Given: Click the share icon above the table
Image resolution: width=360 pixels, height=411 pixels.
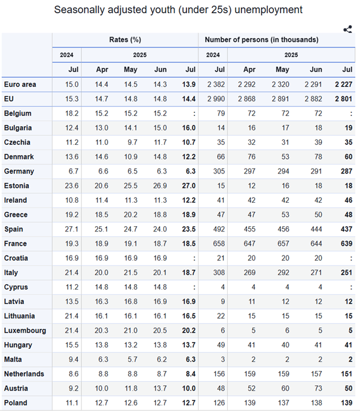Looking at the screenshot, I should pyautogui.click(x=347, y=29).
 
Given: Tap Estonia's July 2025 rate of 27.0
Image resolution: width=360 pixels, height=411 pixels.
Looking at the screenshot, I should pyautogui.click(x=188, y=185).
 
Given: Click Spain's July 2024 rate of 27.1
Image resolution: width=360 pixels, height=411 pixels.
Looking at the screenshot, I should pyautogui.click(x=72, y=229).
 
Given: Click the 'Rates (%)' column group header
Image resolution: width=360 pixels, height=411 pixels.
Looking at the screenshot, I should pyautogui.click(x=125, y=40).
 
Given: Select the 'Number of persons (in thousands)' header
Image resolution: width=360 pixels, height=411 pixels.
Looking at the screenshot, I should pyautogui.click(x=261, y=40).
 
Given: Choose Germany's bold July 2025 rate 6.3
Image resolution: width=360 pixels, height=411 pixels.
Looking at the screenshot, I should pyautogui.click(x=190, y=171).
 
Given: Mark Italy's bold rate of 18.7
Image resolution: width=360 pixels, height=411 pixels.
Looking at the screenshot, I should pyautogui.click(x=188, y=273).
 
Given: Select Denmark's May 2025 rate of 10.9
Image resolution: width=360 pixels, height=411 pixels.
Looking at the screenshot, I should pyautogui.click(x=130, y=157).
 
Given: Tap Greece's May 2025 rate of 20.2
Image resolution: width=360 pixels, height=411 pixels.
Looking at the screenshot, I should pyautogui.click(x=130, y=215).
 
